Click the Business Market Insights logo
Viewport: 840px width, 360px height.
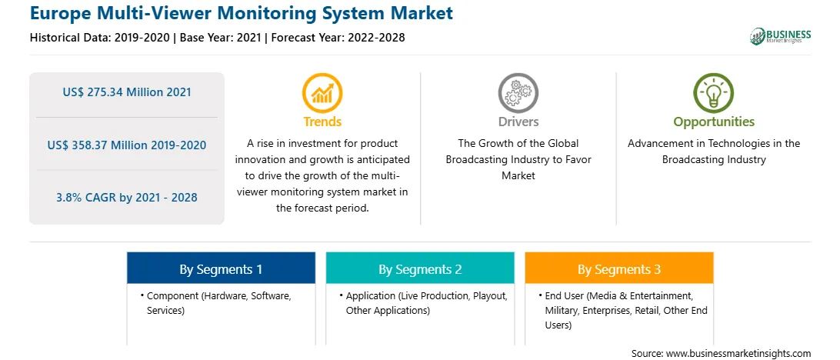[x=781, y=36]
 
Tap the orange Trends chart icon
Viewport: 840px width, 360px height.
[x=322, y=93]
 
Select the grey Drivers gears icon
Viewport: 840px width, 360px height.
[x=518, y=93]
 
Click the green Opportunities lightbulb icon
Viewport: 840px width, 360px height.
[x=714, y=93]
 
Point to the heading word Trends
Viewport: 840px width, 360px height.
[x=322, y=122]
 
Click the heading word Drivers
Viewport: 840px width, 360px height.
[x=518, y=122]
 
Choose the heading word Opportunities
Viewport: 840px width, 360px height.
[x=714, y=122]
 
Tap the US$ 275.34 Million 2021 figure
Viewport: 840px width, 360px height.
[x=127, y=92]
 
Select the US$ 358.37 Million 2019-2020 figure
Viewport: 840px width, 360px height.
[x=127, y=145]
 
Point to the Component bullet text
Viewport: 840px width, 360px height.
[x=219, y=303]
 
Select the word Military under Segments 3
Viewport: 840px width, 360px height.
[x=562, y=311]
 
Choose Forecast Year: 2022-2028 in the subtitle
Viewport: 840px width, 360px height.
[x=335, y=38]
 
